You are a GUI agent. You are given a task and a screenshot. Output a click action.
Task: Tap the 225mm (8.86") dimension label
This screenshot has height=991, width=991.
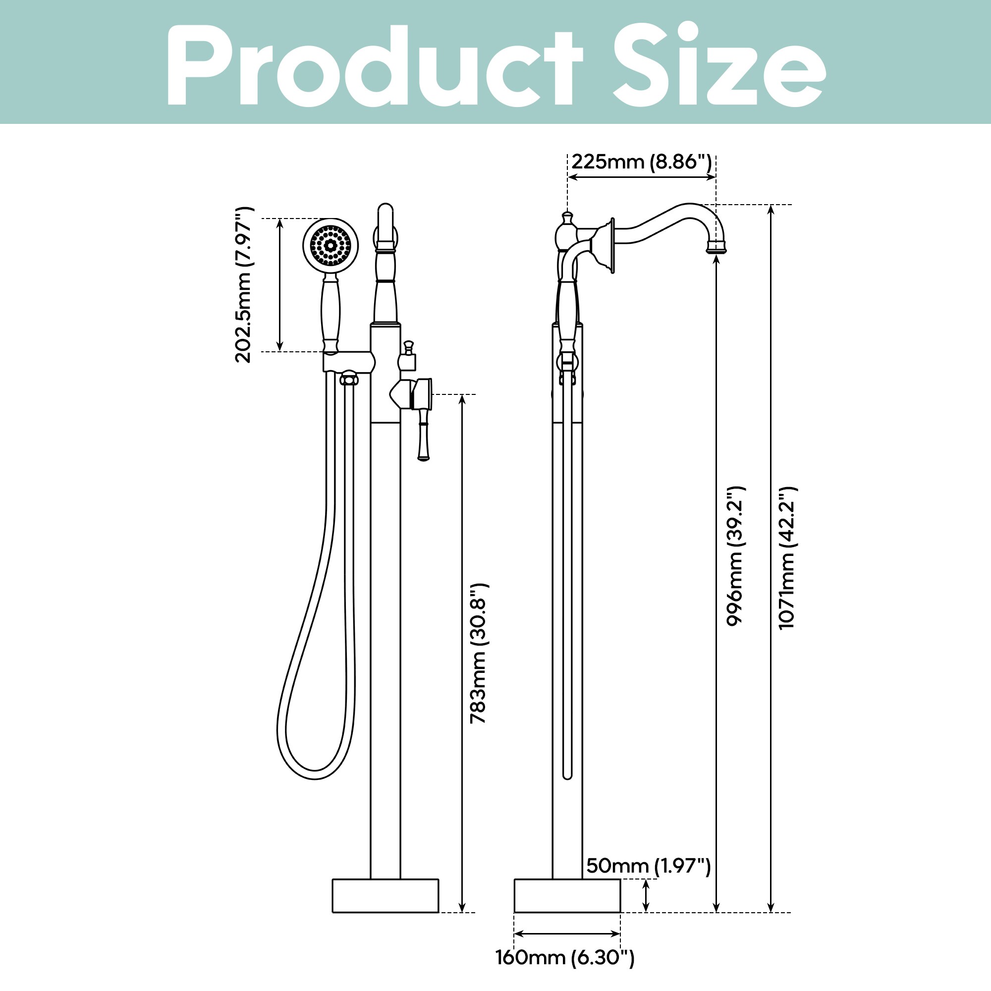point(641,162)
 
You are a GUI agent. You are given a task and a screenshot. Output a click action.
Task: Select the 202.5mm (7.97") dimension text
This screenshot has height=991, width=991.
point(243,285)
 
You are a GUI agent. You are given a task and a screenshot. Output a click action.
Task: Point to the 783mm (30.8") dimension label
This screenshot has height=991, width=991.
point(478,653)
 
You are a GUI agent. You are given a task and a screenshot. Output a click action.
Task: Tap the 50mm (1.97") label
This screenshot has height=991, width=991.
point(648,866)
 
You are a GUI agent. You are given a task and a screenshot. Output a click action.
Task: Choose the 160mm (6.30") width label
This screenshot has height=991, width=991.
point(565,958)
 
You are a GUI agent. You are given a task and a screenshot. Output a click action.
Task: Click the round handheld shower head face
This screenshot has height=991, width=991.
point(330,245)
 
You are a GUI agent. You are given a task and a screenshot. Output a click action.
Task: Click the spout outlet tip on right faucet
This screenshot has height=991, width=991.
point(716,249)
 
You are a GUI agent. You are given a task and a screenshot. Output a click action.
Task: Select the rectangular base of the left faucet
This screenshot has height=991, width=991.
point(385,895)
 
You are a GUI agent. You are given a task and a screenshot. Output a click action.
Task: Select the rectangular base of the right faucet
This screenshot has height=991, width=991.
point(567,895)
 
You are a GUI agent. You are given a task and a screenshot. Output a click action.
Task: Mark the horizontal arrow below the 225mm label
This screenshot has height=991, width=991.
point(641,177)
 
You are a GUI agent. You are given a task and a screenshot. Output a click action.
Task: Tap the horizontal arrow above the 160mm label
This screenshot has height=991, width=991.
point(567,934)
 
